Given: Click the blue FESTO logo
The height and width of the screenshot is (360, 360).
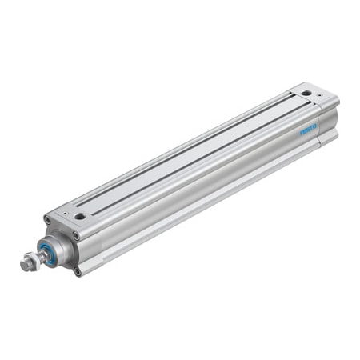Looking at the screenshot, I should (x=309, y=129).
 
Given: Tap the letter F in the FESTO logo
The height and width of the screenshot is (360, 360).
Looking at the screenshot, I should (x=302, y=132).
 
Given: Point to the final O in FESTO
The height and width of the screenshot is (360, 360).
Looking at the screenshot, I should (x=315, y=125).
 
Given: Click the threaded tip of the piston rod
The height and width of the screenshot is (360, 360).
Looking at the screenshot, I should (x=24, y=262).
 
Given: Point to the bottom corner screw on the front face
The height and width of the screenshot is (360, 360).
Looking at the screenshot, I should (x=78, y=271).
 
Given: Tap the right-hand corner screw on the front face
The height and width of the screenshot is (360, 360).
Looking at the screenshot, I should (x=77, y=235).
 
